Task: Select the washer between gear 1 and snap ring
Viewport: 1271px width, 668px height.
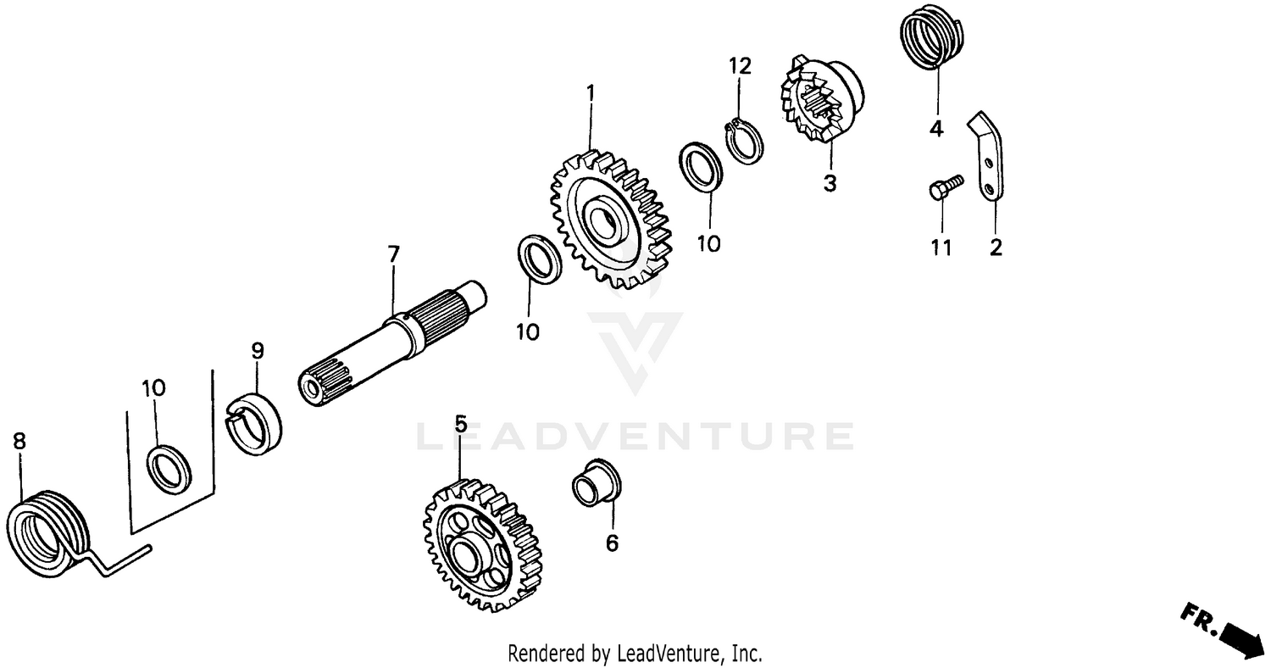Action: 701,167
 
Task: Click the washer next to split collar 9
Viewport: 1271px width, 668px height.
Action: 169,466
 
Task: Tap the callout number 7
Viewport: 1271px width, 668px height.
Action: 393,254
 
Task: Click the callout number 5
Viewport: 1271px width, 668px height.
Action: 460,424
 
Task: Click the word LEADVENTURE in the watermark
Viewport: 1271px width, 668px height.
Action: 635,436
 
